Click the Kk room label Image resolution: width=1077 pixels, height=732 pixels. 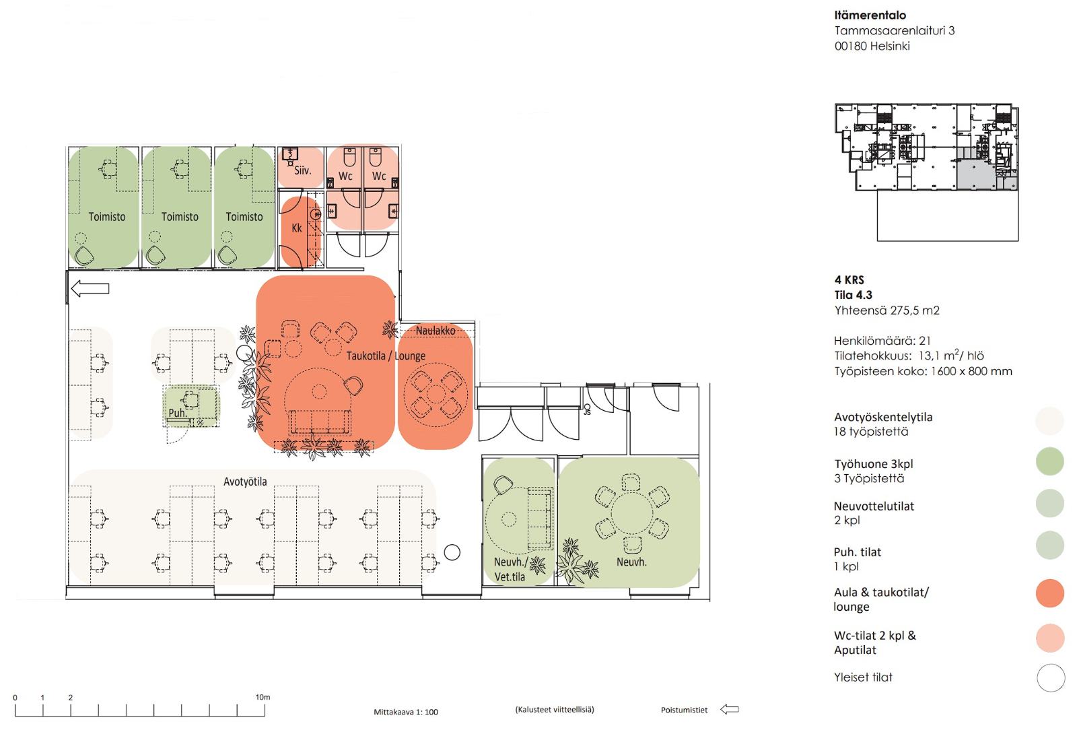click(297, 228)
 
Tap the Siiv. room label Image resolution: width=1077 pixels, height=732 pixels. click(303, 170)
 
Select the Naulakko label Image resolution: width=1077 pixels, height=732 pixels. click(436, 331)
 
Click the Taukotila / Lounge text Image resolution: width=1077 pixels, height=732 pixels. click(386, 356)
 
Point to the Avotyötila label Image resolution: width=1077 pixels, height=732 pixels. click(245, 481)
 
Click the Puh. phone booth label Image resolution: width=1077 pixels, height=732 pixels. click(178, 413)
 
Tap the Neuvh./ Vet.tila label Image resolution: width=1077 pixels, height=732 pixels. click(511, 570)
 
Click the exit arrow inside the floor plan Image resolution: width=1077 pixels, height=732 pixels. click(90, 289)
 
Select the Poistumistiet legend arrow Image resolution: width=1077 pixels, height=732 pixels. click(730, 709)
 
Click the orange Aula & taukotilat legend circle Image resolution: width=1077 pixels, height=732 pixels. click(1050, 593)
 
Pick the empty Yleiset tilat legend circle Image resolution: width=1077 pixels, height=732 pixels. click(1051, 677)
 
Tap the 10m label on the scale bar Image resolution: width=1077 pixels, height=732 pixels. click(263, 697)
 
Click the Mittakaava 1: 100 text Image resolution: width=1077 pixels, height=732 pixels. click(406, 712)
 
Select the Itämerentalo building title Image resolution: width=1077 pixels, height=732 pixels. click(870, 15)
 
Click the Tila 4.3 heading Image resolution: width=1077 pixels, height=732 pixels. click(854, 295)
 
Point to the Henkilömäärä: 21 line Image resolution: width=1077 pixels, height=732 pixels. click(882, 341)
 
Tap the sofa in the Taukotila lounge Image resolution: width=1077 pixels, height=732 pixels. click(320, 422)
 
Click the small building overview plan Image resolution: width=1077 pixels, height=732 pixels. click(926, 172)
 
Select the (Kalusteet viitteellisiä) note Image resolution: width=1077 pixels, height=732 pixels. click(555, 709)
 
